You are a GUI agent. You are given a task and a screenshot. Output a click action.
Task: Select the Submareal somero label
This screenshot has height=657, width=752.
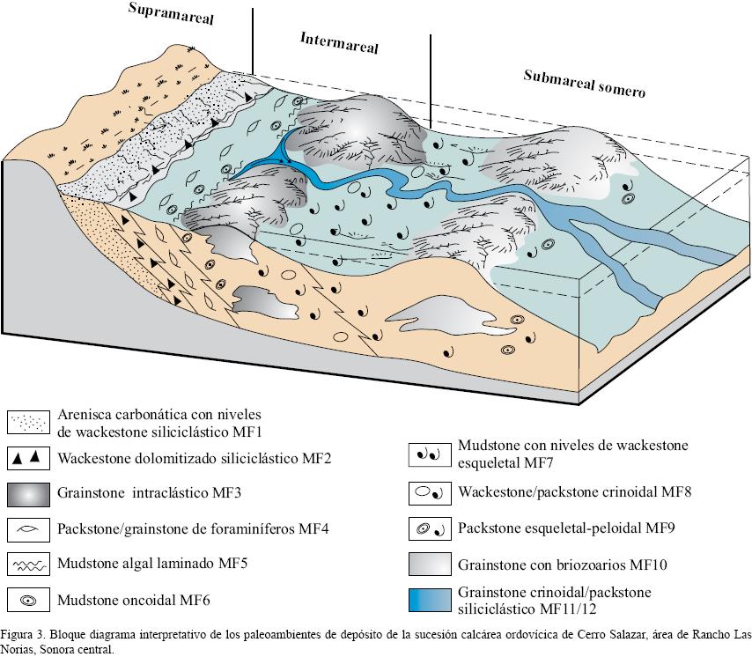coord(585,83)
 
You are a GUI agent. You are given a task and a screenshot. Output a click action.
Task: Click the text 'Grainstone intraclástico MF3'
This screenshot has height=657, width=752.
coord(144,493)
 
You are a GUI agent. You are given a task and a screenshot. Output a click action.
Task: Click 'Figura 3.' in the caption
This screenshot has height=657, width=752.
coord(23,634)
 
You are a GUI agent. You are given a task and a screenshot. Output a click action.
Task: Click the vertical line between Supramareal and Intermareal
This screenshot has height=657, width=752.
coord(253,40)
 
